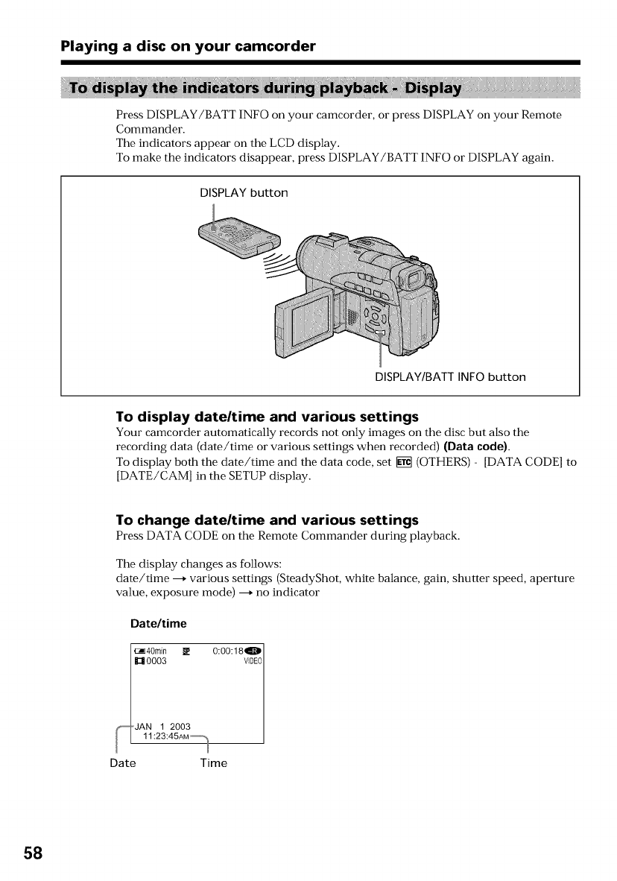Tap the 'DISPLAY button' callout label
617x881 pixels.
click(243, 193)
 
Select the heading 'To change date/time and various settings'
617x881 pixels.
click(267, 520)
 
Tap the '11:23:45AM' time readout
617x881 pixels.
click(165, 736)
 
